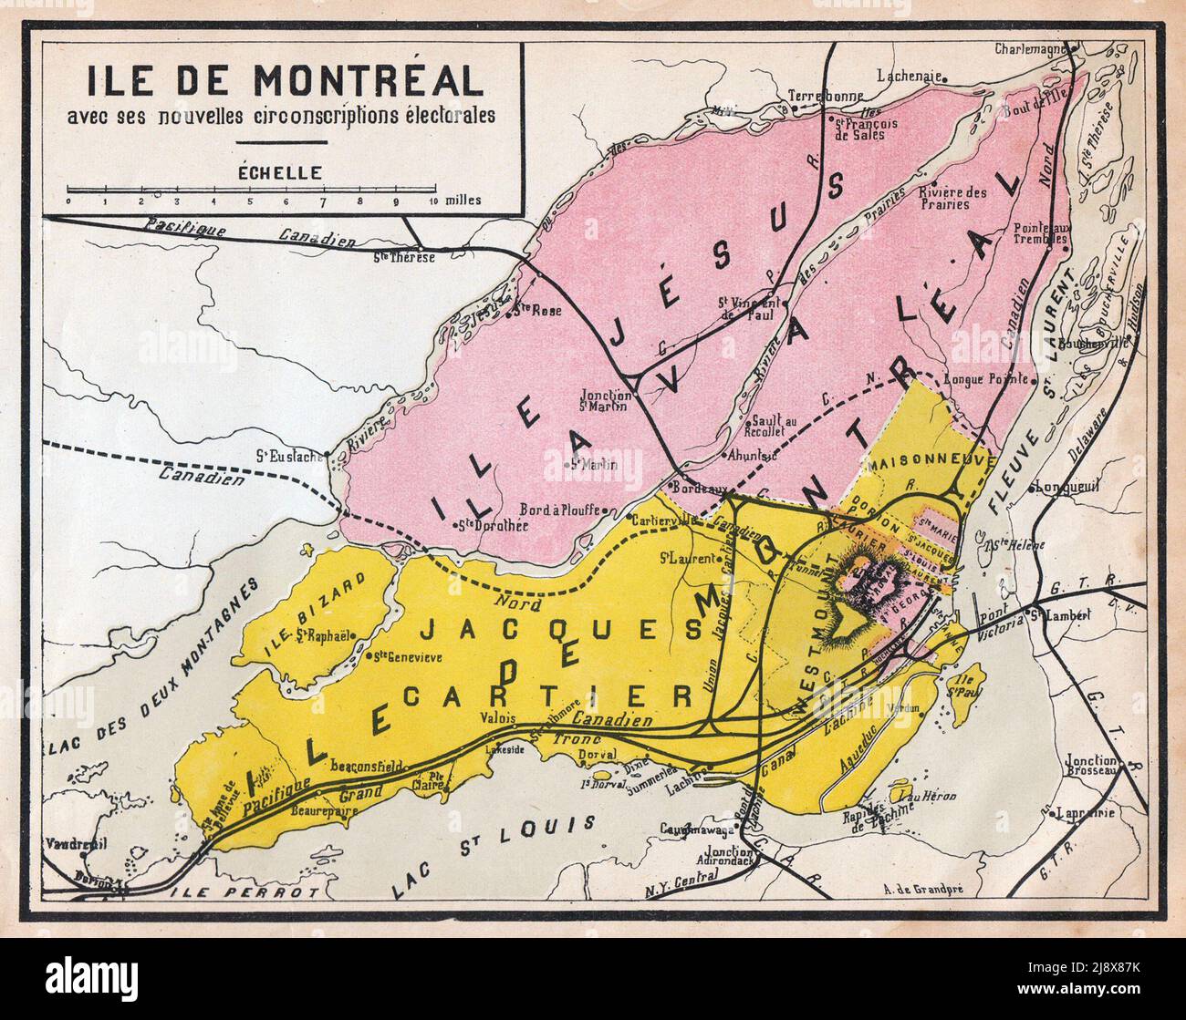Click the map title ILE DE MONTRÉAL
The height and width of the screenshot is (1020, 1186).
(285, 81)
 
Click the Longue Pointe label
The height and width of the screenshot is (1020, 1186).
(986, 379)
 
